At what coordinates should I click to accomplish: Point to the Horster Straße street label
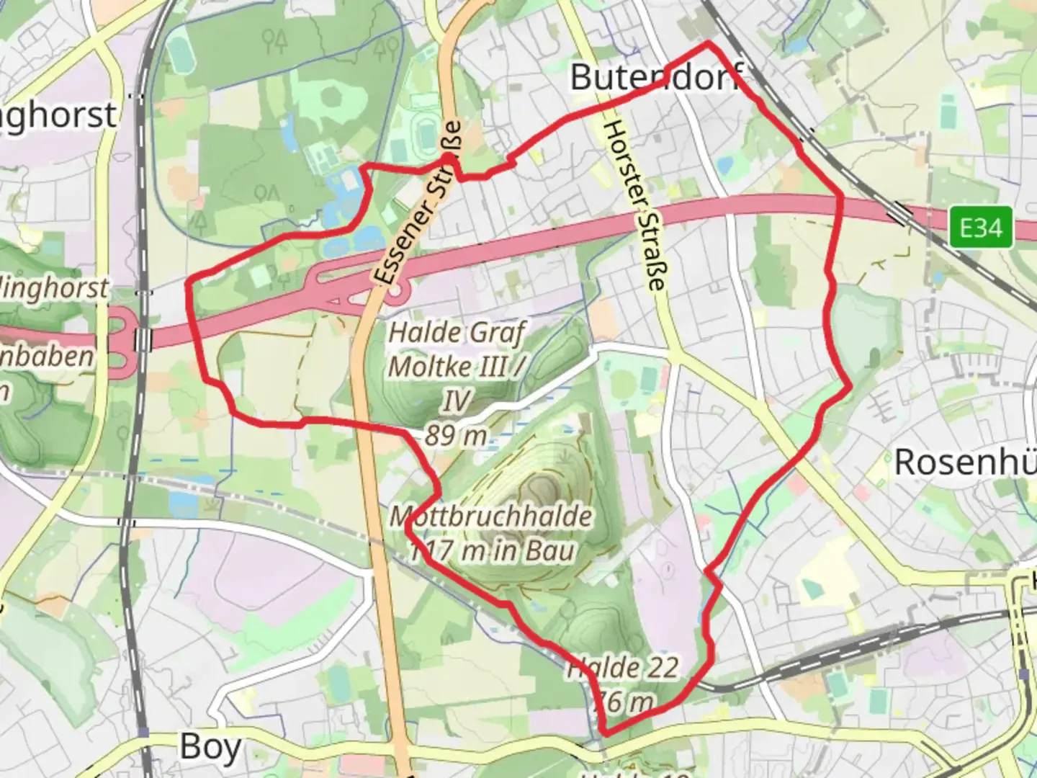coord(633,205)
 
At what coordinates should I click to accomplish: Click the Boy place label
coord(210,746)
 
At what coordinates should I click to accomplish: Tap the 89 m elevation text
coord(455,436)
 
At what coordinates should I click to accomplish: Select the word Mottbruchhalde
coord(491,516)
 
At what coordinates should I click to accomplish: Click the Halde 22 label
coord(623,668)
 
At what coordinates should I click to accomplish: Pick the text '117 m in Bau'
coord(493,551)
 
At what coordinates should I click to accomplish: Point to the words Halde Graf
coord(457,333)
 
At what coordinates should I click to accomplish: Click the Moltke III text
coord(451,367)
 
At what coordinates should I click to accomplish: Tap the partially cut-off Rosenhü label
coord(965,462)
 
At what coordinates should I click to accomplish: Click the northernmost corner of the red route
coord(708,44)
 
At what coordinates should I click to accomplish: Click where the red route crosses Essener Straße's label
coord(448,156)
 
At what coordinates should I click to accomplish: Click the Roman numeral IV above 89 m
coord(455,401)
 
